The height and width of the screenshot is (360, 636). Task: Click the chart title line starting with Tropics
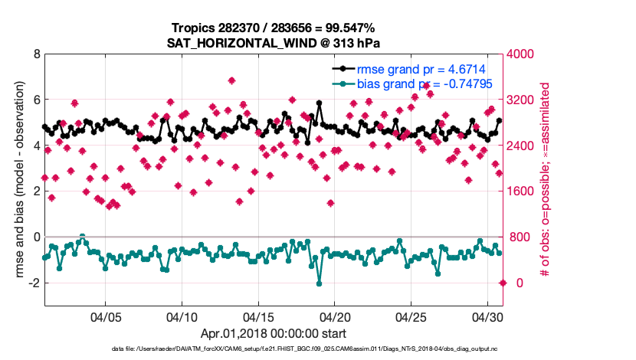[x=273, y=28]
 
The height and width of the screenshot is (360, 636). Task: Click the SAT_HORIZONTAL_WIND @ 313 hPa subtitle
[x=273, y=43]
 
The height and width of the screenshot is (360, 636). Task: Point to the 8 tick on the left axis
[x=36, y=54]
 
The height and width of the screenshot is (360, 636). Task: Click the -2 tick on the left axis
[x=34, y=283]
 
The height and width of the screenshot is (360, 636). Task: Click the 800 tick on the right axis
[x=521, y=237]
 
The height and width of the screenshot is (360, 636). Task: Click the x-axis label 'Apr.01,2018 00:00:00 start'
[x=273, y=334]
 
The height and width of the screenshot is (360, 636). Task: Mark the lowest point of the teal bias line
[x=319, y=283]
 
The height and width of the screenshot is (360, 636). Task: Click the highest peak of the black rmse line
[x=319, y=102]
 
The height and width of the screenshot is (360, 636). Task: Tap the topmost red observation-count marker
[x=231, y=80]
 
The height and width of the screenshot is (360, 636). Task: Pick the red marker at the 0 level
[x=503, y=283]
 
